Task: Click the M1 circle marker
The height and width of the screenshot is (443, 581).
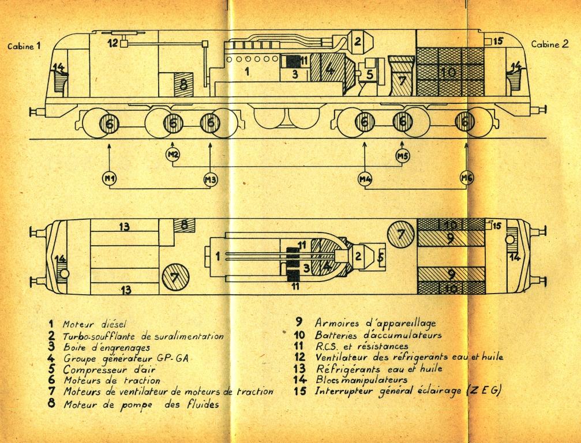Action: coord(110,179)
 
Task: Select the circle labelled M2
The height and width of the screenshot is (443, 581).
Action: coord(173,154)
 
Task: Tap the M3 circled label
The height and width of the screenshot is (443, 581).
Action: coord(210,179)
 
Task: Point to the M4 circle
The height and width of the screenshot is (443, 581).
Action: coord(364,179)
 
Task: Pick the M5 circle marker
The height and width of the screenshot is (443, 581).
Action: coord(402,155)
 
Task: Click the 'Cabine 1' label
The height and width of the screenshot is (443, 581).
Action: coord(24,47)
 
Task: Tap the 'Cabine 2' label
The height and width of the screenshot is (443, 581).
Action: coord(545,44)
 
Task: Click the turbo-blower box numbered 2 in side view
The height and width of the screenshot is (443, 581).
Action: coord(358,40)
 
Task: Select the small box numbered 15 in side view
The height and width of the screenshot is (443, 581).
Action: coord(489,41)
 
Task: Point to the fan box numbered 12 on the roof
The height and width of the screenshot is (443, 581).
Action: coord(123,43)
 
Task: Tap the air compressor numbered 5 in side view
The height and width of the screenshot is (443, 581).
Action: coord(369,73)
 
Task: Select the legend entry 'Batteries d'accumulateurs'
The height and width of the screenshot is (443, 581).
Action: coord(378,335)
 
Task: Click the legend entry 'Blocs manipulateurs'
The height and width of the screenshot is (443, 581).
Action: coord(361,380)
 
